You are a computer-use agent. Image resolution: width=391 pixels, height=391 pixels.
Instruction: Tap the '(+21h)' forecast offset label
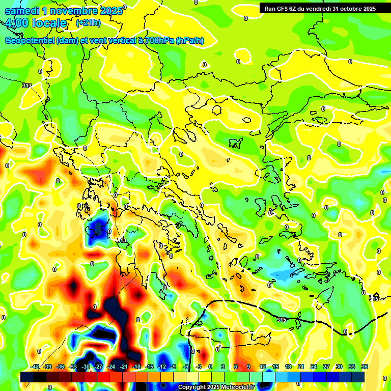[x=88, y=23]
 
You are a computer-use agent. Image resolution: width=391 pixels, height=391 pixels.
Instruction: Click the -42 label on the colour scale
[x=35, y=367]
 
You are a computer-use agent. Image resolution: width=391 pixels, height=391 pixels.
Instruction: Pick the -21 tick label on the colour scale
[x=124, y=367]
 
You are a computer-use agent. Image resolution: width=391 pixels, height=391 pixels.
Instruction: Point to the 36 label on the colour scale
[x=365, y=367]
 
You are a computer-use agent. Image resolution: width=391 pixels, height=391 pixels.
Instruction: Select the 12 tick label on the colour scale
[x=263, y=367]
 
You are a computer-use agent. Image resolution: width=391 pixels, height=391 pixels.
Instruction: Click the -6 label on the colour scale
[x=187, y=367]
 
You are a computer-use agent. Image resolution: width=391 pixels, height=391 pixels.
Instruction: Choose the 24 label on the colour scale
[x=314, y=367]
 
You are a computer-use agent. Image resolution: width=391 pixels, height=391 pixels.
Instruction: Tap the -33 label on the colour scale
[x=73, y=367]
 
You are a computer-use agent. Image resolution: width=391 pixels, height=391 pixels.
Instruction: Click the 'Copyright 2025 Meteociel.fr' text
[x=216, y=387]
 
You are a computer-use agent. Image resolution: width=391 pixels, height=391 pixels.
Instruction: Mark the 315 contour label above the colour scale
[x=282, y=320]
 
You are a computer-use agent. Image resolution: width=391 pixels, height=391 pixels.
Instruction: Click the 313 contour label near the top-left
[x=27, y=86]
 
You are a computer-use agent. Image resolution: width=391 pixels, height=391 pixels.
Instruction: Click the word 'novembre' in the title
[x=75, y=11]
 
